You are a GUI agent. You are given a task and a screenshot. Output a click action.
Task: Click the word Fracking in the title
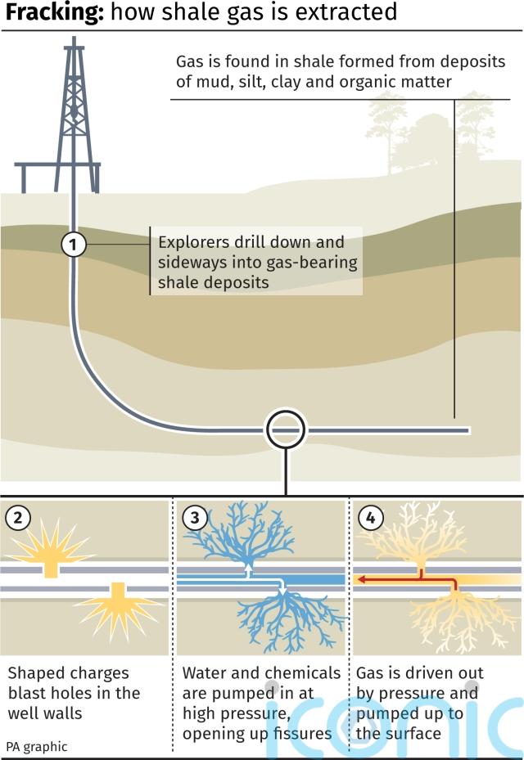54,12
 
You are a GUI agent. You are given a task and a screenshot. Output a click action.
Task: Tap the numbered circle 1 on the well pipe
73,244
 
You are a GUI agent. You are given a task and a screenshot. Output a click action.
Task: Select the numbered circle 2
18,518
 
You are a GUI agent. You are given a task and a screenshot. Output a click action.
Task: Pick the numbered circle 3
195,518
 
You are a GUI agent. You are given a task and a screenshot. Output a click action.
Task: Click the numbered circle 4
371,518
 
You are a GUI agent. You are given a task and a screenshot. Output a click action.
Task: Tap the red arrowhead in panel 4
362,578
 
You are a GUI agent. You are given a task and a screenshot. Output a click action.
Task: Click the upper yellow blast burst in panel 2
51,547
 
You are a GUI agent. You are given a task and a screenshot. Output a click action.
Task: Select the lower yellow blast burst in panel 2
119,607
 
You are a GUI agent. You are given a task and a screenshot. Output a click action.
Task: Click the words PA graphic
36,747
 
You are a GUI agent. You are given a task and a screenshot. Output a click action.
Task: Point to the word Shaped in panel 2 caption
37,674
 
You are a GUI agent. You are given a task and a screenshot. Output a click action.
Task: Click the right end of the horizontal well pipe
468,430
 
